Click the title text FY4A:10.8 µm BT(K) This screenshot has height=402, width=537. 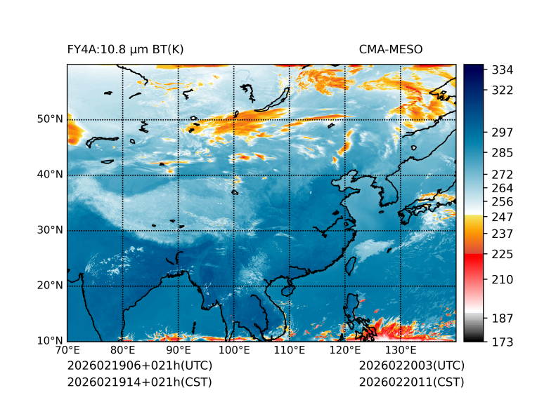[125, 50]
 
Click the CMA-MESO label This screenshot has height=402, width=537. [391, 50]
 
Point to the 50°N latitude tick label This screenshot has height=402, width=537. [50, 119]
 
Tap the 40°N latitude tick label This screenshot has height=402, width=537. [50, 175]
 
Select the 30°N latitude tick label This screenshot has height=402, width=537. [50, 230]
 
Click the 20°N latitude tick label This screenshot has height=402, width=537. [50, 286]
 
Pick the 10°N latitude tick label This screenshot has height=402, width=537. [50, 341]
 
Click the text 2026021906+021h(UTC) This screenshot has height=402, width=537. [139, 366]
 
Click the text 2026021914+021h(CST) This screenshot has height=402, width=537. [139, 382]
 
